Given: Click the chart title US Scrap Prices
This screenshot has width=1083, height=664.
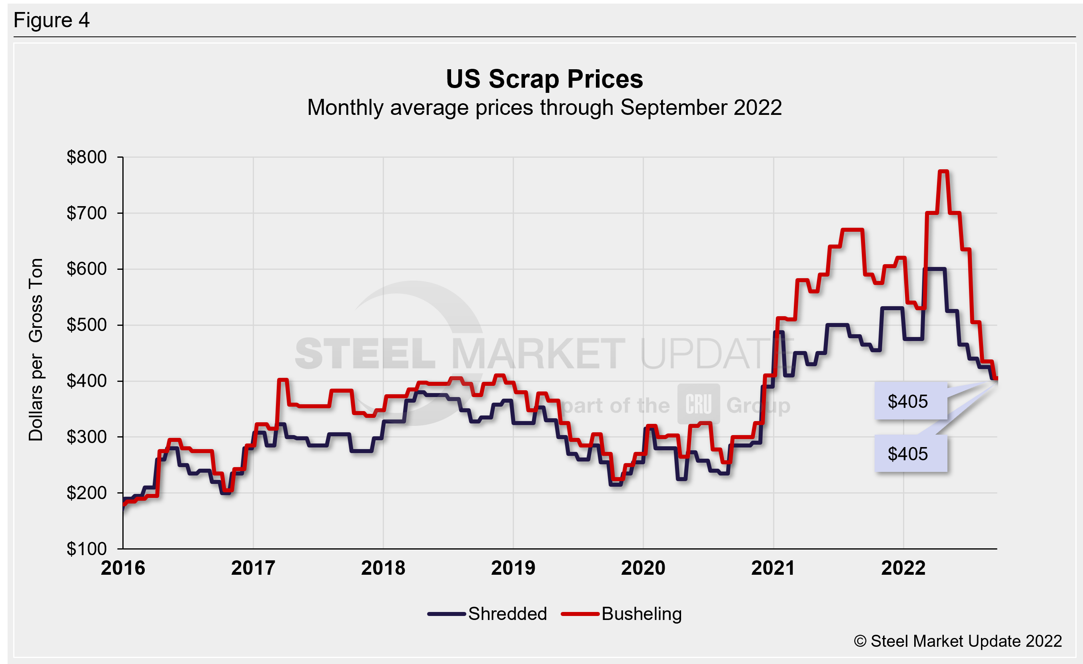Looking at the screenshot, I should pyautogui.click(x=544, y=80).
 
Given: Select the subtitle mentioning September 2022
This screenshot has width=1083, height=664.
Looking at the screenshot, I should pyautogui.click(x=544, y=108).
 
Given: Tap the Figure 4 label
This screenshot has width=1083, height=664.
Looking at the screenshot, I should pyautogui.click(x=52, y=20).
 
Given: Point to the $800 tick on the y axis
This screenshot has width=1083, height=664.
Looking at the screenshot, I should pyautogui.click(x=87, y=157).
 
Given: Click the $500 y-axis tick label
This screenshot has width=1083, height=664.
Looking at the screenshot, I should pyautogui.click(x=87, y=325).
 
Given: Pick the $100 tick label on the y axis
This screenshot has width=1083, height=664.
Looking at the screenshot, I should pyautogui.click(x=87, y=549).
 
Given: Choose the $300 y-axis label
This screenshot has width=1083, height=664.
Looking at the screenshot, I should pyautogui.click(x=87, y=437).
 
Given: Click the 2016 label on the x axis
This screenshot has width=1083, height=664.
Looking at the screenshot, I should pyautogui.click(x=123, y=568).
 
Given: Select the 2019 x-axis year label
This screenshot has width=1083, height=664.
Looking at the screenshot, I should pyautogui.click(x=513, y=568).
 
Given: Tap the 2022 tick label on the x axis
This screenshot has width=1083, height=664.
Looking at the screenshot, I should pyautogui.click(x=903, y=568).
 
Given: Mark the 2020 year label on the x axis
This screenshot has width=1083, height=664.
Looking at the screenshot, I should pyautogui.click(x=643, y=568).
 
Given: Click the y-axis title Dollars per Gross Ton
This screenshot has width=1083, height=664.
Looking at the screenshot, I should pyautogui.click(x=36, y=349).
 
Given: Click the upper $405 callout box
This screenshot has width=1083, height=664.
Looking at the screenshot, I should pyautogui.click(x=910, y=401).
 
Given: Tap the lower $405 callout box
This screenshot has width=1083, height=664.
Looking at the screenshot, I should pyautogui.click(x=910, y=454).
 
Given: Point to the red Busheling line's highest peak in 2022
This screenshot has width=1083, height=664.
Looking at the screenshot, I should pyautogui.click(x=943, y=171).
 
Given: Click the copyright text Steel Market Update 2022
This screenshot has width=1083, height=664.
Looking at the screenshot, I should pyautogui.click(x=958, y=641).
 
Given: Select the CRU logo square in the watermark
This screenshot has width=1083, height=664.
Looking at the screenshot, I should pyautogui.click(x=698, y=404).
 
